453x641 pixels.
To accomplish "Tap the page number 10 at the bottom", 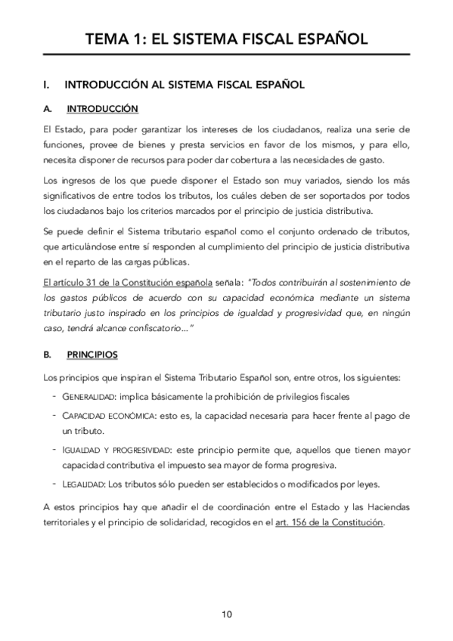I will click(226, 613).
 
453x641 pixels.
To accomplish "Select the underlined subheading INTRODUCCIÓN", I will click(102, 108).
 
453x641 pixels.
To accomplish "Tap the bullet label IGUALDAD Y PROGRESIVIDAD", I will click(118, 450).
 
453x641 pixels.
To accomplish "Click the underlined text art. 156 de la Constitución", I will click(330, 522).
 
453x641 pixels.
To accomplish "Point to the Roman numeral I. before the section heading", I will click(48, 85).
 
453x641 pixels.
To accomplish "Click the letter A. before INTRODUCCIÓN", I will click(48, 108).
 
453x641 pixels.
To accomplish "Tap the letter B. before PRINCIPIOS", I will click(48, 354).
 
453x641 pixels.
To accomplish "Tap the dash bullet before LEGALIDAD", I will click(54, 484).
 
